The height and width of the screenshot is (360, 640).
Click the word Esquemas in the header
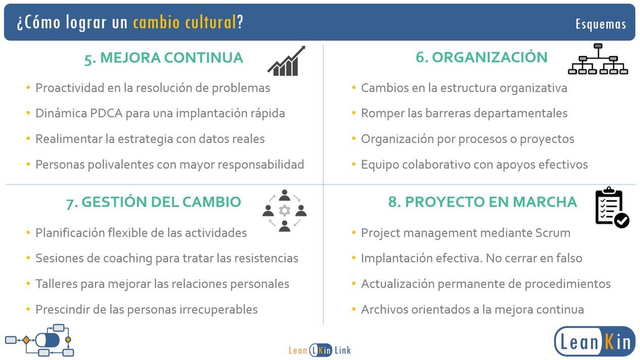pyautogui.click(x=601, y=24)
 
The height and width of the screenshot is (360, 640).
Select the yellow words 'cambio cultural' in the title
pyautogui.click(x=185, y=22)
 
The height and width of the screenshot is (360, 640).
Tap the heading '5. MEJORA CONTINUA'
pyautogui.click(x=164, y=58)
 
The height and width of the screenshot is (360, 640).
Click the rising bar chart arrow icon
pyautogui.click(x=287, y=61)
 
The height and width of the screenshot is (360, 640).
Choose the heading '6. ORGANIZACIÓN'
pyautogui.click(x=481, y=57)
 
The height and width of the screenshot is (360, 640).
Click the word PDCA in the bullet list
pyautogui.click(x=106, y=113)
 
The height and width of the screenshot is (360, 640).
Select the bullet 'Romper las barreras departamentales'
pyautogui.click(x=464, y=113)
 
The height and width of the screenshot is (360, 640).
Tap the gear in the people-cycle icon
pyautogui.click(x=285, y=211)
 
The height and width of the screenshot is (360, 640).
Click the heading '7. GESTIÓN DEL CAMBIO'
pyautogui.click(x=154, y=202)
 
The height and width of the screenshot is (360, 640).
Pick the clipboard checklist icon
pyautogui.click(x=612, y=207)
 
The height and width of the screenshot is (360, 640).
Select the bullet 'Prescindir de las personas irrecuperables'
pyautogui.click(x=147, y=309)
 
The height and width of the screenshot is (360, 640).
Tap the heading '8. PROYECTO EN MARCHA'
pyautogui.click(x=482, y=202)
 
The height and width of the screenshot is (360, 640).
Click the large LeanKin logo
pyautogui.click(x=595, y=341)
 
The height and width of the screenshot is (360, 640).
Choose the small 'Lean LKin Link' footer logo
pyautogui.click(x=319, y=350)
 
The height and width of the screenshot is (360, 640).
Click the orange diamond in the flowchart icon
pyautogui.click(x=26, y=340)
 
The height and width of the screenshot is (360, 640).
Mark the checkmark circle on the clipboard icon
pyautogui.click(x=622, y=220)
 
